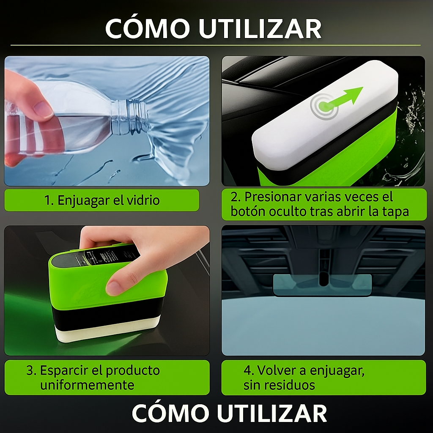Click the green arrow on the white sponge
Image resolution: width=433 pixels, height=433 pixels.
coord(347,97)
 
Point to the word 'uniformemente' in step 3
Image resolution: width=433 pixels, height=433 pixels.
coord(87,385)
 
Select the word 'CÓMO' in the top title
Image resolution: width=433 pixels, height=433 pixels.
coord(148,29)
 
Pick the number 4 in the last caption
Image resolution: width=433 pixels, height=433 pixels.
coord(248,371)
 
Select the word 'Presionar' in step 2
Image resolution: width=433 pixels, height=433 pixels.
coord(273,197)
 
